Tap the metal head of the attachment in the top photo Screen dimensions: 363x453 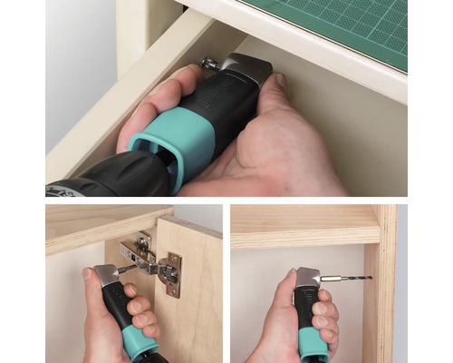click(246, 70)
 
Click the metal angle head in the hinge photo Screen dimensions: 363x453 click(108, 276)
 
